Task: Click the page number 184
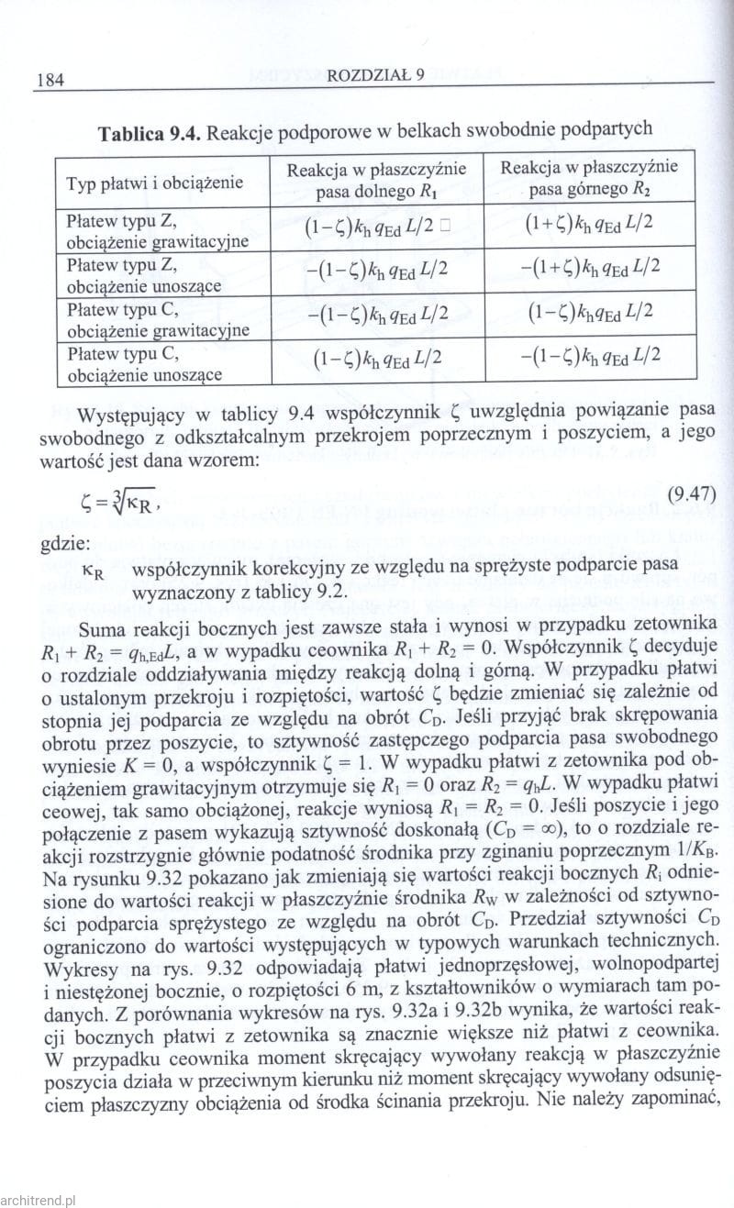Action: pyautogui.click(x=47, y=80)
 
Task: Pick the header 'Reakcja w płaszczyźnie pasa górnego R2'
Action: pyautogui.click(x=589, y=179)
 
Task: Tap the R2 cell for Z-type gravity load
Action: pyautogui.click(x=589, y=225)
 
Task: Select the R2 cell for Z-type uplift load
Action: pyautogui.click(x=589, y=268)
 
